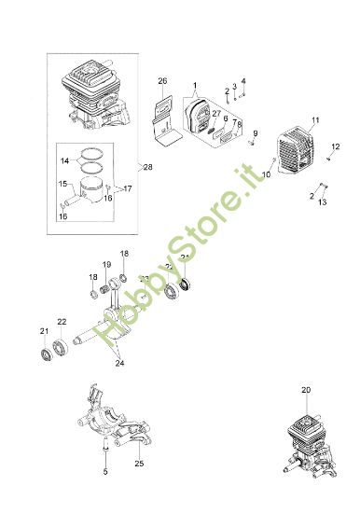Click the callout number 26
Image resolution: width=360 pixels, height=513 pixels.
162,81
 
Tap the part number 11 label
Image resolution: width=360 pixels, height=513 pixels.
315,120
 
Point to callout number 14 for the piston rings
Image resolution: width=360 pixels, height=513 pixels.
63,160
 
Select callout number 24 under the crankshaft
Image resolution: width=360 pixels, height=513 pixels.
118,364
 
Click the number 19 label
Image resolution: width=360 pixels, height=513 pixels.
106,265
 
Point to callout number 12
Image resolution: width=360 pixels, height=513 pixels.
336,146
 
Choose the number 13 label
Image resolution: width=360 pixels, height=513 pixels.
323,201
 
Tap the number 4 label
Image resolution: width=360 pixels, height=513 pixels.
243,81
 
